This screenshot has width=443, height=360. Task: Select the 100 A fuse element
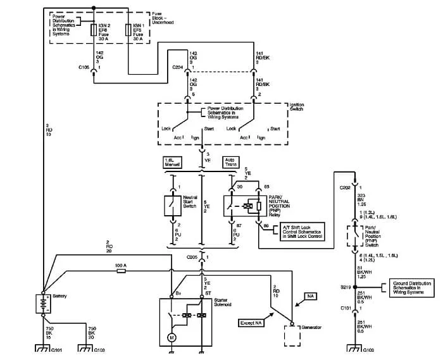click(x=121, y=270)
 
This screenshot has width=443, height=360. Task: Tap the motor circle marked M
click(x=171, y=338)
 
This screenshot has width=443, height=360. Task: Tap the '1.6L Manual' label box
click(x=173, y=162)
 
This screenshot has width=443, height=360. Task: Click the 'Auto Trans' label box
click(x=230, y=162)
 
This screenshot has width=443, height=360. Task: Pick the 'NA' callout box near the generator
click(x=310, y=295)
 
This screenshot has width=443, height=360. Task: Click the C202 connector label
click(x=344, y=187)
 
